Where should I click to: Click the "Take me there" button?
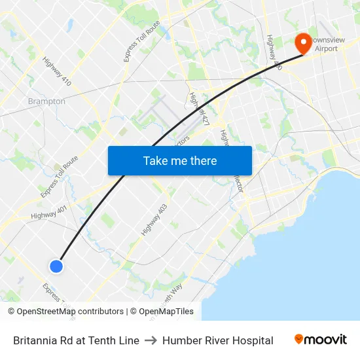pyautogui.click(x=180, y=160)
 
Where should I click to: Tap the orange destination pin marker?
pyautogui.click(x=304, y=43)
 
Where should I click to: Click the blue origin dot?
pyautogui.click(x=56, y=266)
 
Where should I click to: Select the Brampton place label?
pyautogui.click(x=46, y=101)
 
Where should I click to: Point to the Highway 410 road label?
pyautogui.click(x=57, y=71)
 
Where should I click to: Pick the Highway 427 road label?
pyautogui.click(x=198, y=109)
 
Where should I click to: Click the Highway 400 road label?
pyautogui.click(x=274, y=52)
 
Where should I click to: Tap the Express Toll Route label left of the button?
pyautogui.click(x=59, y=177)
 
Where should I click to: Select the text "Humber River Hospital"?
pyautogui.click(x=218, y=340)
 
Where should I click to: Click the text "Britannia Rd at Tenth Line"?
pyautogui.click(x=76, y=340)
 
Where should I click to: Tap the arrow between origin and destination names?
pyautogui.click(x=151, y=340)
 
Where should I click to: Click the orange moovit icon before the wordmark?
pyautogui.click(x=299, y=339)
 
